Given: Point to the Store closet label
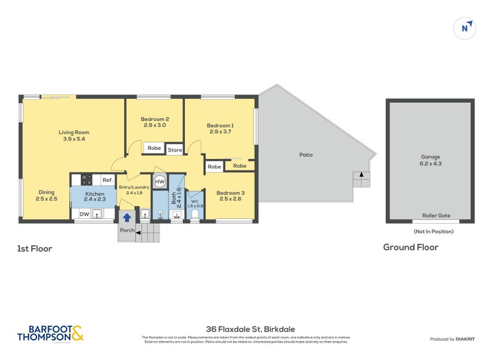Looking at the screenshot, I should point(175,149).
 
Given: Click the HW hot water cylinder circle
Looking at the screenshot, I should point(160,181).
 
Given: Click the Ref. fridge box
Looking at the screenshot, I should point(107,180).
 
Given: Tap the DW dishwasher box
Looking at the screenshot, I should point(84,214).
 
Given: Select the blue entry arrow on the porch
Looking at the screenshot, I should point(127,217).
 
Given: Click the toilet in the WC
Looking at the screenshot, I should point(195,214).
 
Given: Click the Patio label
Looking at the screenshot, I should point(306,155).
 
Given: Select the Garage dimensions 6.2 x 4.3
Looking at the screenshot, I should point(431,163).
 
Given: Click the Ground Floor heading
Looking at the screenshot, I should point(410,247).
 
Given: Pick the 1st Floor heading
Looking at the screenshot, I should point(35,249).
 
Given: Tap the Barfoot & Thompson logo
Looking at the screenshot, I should point(51,333).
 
